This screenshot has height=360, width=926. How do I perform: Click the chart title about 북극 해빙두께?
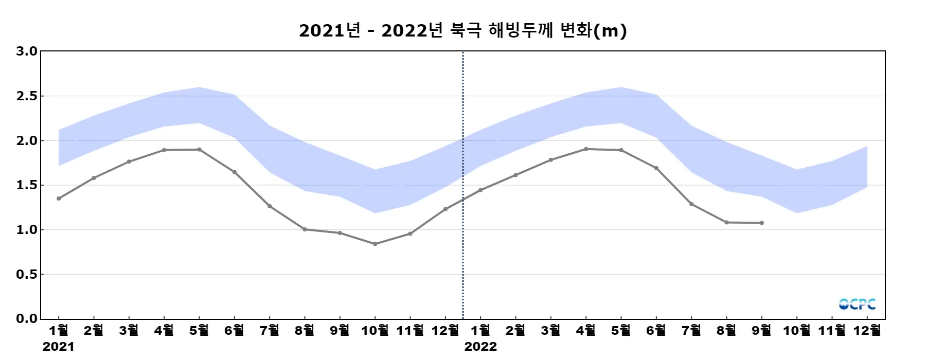click(x=462, y=30)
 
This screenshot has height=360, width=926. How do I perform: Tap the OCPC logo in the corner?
click(x=857, y=304)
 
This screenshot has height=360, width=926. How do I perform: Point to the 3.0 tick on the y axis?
click(x=27, y=51)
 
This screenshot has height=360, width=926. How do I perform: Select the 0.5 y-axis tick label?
click(x=27, y=274)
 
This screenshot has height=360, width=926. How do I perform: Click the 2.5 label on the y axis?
click(x=27, y=96)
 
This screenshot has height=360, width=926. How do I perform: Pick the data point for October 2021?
click(x=375, y=244)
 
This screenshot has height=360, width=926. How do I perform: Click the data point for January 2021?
click(x=59, y=198)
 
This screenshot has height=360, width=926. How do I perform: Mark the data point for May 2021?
click(x=199, y=150)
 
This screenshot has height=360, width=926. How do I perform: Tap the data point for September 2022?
click(x=761, y=223)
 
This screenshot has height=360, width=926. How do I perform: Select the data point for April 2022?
click(x=586, y=149)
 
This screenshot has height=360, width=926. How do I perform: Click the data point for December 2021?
click(x=446, y=209)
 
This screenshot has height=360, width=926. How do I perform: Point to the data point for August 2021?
click(x=305, y=229)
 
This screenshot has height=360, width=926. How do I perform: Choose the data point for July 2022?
click(x=691, y=204)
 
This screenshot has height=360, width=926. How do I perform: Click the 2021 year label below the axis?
click(x=58, y=347)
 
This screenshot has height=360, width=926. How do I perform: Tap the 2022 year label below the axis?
click(x=480, y=347)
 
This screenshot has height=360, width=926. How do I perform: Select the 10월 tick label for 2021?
click(x=375, y=330)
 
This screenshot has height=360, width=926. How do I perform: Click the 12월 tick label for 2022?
click(x=867, y=330)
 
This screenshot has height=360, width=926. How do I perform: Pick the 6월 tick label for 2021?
click(x=235, y=330)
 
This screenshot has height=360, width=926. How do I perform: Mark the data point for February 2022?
click(x=515, y=175)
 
